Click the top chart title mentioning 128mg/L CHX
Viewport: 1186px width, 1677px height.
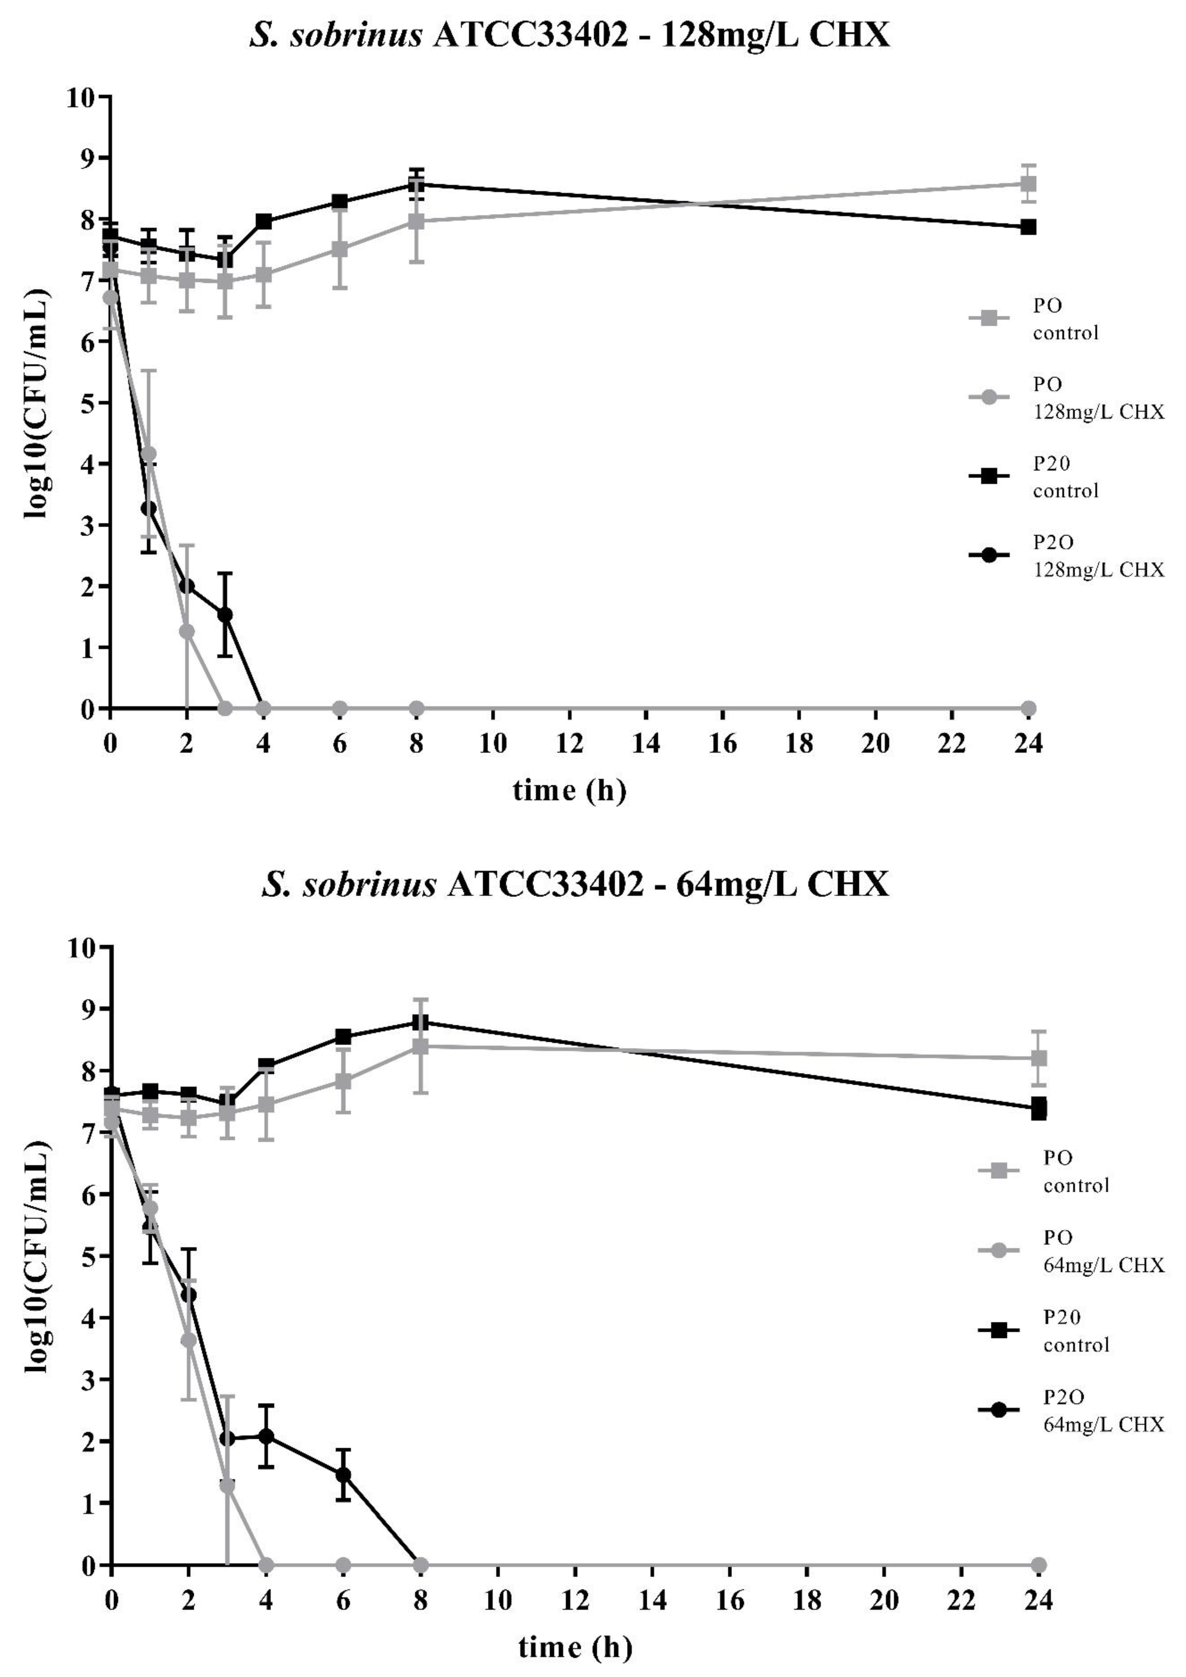pos(570,34)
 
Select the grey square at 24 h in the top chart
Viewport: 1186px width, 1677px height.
pos(1028,183)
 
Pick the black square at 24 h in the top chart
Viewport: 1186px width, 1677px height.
pos(1028,227)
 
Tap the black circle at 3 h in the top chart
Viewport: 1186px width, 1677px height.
pos(225,615)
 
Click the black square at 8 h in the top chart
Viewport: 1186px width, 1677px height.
pos(416,185)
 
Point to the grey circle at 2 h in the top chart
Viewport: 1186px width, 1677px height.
pos(187,631)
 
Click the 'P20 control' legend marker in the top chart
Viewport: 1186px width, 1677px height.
pos(989,477)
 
